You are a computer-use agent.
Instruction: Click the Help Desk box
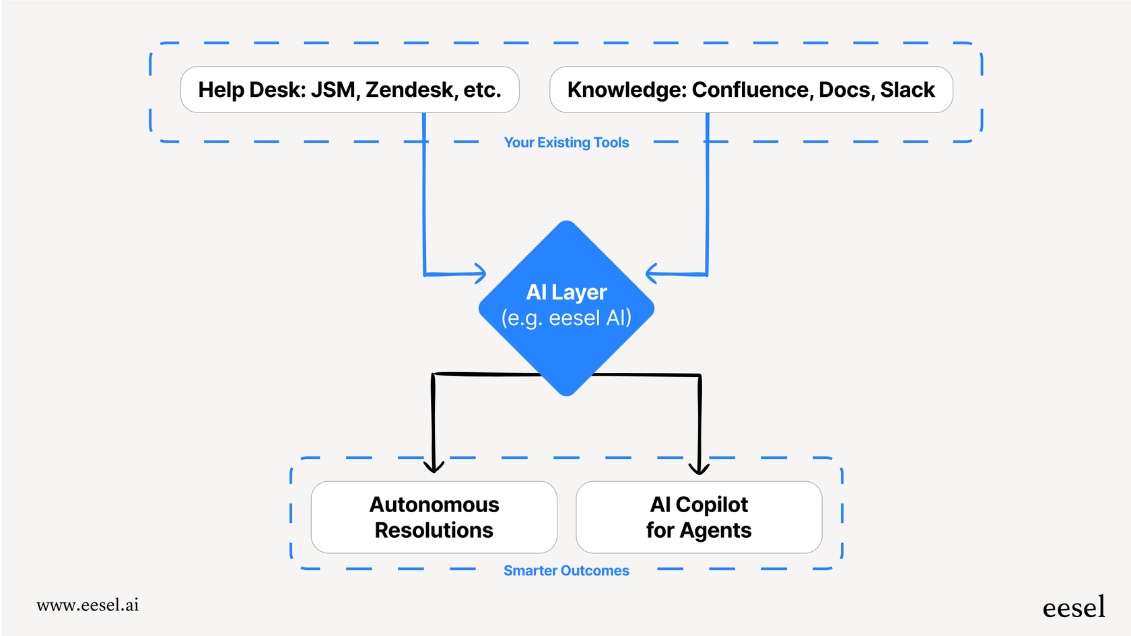349,90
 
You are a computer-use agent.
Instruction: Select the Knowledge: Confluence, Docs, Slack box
751,90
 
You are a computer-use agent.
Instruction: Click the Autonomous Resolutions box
434,517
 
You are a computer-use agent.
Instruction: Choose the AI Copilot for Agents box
699,517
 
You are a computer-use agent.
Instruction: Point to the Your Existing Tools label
566,143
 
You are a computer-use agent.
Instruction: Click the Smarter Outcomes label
566,571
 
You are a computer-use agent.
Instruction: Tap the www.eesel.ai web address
88,605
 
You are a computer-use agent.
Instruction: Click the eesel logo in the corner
1073,608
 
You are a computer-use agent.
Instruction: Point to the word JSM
333,90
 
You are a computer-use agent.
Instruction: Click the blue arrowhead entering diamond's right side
651,273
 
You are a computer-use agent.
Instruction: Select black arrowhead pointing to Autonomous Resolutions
434,468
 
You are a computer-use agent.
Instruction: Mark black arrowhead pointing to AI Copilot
699,468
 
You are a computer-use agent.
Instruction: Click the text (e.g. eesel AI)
566,318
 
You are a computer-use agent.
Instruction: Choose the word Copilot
712,505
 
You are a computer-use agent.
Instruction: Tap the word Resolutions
434,530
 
